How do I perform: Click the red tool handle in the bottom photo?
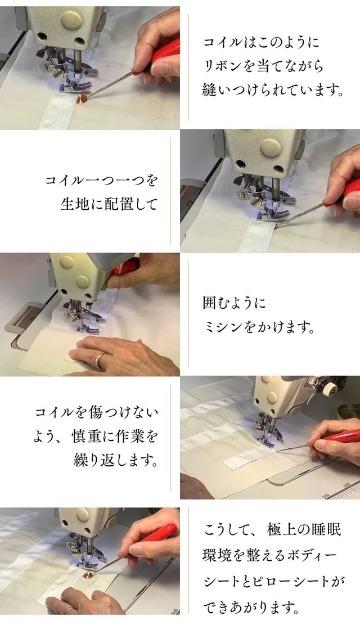click(158, 533)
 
